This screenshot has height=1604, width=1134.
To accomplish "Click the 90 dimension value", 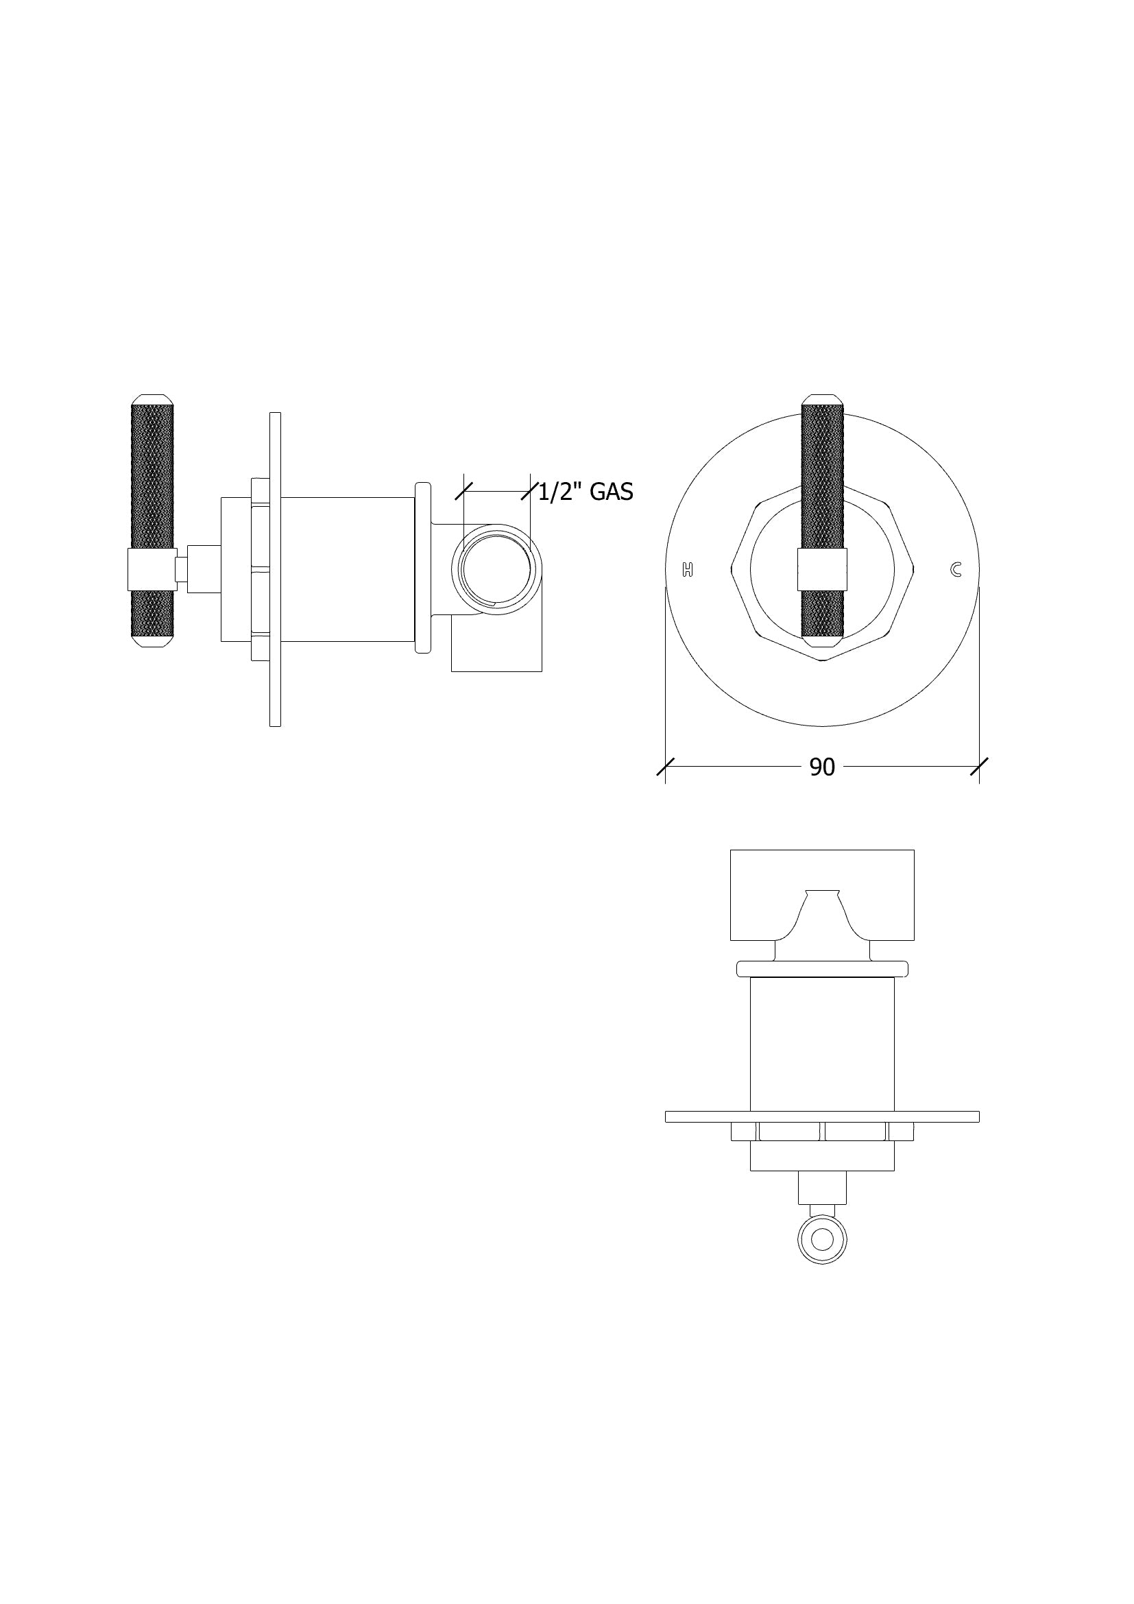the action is click(822, 767).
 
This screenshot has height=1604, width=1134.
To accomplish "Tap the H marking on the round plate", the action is click(688, 569).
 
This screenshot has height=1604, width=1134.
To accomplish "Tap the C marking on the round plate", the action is click(956, 569).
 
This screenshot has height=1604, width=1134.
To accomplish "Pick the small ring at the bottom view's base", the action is click(823, 1239).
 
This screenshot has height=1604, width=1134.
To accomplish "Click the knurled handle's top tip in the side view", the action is click(152, 400).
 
